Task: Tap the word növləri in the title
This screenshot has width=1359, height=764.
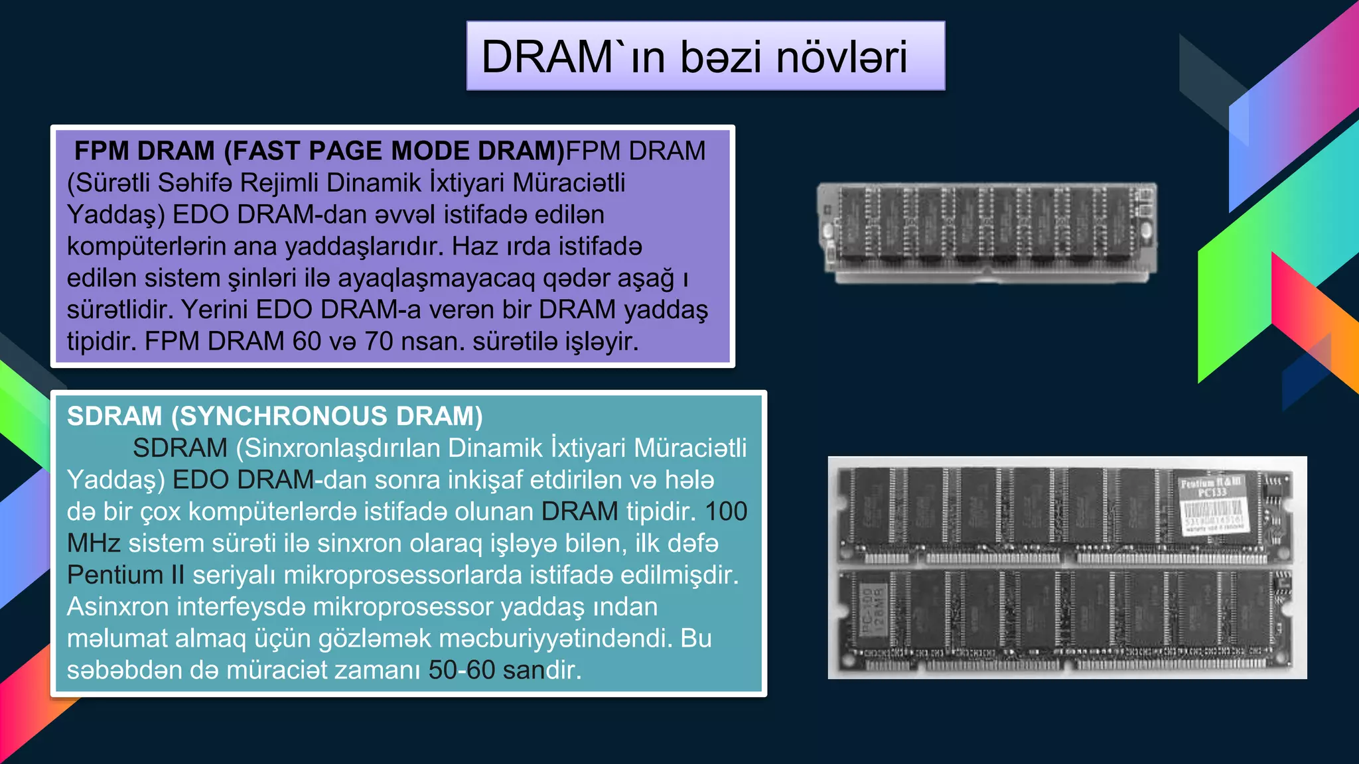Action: (841, 57)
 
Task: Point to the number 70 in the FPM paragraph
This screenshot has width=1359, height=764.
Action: (379, 342)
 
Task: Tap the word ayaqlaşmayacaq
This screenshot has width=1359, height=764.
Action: (436, 279)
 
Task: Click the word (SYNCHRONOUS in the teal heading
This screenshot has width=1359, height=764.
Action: (279, 416)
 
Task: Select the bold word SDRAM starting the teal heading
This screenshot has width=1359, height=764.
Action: (115, 416)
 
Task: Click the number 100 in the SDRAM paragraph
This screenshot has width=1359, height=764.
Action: (726, 512)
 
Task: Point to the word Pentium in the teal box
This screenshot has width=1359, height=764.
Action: (115, 575)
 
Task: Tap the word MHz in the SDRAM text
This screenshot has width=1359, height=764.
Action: (94, 544)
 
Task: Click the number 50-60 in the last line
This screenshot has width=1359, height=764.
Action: (462, 670)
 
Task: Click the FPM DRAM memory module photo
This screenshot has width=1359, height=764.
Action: (987, 233)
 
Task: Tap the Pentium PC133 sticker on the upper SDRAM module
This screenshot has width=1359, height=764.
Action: (1212, 505)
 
